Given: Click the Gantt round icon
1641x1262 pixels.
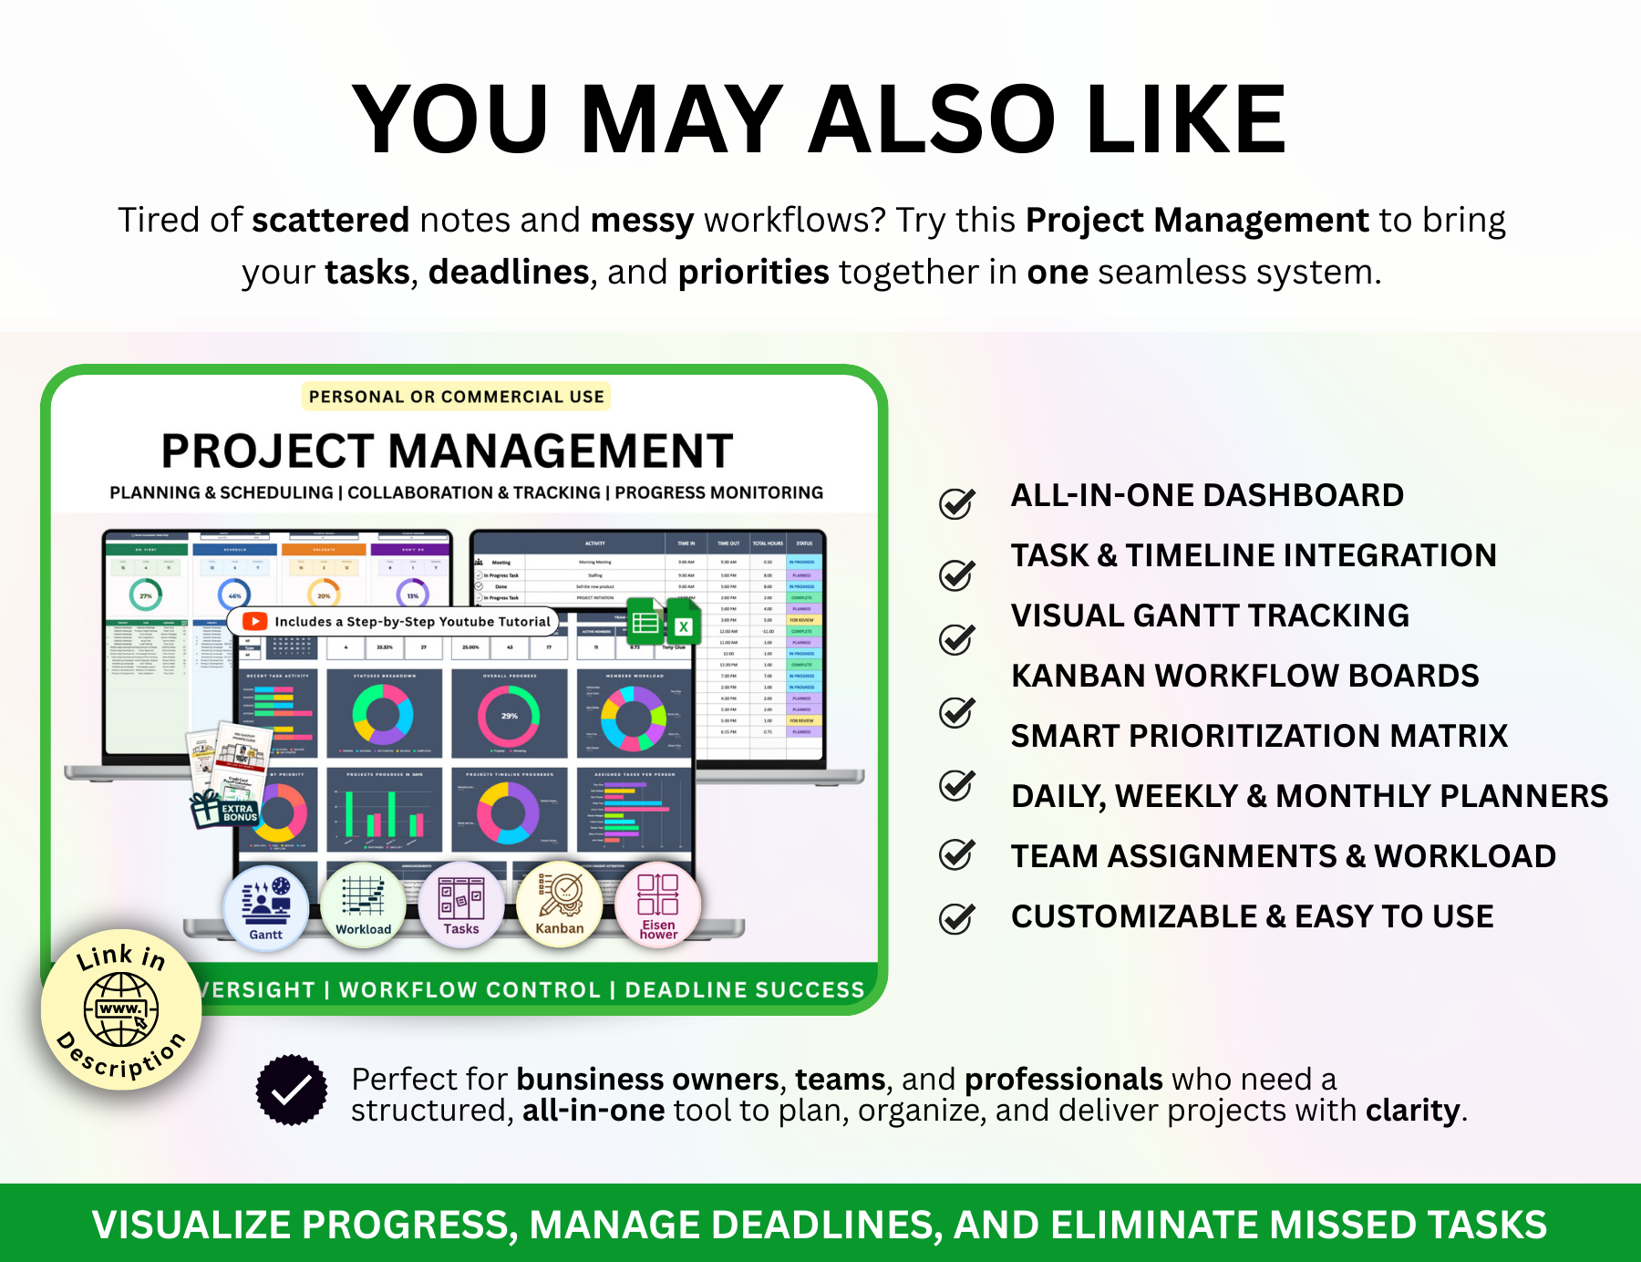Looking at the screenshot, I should click(265, 906).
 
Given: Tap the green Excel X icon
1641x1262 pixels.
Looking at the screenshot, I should click(684, 625).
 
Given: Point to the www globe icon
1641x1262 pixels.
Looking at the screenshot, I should click(121, 1009).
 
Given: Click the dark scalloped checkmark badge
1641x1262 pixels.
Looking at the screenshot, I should click(291, 1091).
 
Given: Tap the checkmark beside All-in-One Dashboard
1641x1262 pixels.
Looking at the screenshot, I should click(957, 502).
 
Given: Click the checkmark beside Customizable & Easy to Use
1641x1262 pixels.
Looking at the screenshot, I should click(957, 917).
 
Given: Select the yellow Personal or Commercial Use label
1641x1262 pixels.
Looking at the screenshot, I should click(456, 397).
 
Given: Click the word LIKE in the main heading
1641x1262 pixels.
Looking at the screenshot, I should click(1185, 120).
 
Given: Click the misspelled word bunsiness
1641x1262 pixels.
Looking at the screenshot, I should click(589, 1080).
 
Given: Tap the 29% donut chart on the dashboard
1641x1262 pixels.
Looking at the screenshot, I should click(509, 716).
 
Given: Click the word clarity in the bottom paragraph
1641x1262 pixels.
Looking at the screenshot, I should click(1412, 1111).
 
